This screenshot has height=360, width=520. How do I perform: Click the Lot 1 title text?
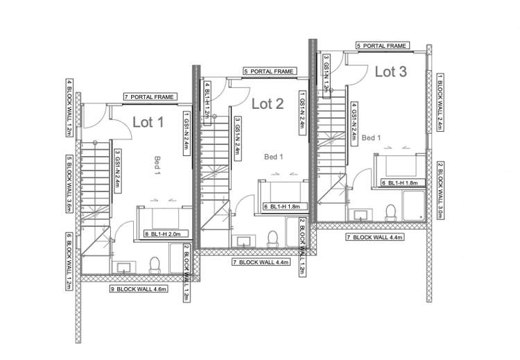[148, 123]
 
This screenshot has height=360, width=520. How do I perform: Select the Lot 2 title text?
[267, 104]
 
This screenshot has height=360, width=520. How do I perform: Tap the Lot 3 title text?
[391, 71]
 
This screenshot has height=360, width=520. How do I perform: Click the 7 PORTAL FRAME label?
[149, 97]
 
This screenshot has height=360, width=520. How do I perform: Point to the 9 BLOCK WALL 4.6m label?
[139, 288]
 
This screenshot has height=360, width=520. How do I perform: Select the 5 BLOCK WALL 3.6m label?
[69, 184]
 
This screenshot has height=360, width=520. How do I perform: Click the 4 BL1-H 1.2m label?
[207, 101]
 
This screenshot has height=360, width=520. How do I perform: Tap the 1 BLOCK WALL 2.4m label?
[440, 101]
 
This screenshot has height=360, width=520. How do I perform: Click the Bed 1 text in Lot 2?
[274, 157]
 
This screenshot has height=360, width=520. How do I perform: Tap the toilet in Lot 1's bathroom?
[155, 264]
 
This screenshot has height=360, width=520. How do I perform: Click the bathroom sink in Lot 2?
[244, 241]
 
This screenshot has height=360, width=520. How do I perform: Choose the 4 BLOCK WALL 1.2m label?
[69, 108]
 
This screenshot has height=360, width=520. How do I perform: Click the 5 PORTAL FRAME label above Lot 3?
[381, 46]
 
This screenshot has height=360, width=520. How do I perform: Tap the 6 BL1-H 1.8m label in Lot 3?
[399, 183]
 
